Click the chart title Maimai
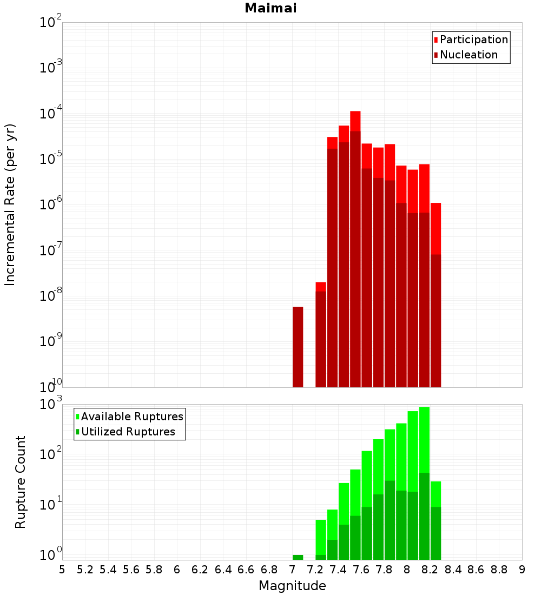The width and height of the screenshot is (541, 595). click(x=270, y=8)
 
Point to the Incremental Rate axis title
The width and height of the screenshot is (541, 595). click(x=10, y=205)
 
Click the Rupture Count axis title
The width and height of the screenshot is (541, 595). click(x=21, y=482)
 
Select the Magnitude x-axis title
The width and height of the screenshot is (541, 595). click(x=292, y=586)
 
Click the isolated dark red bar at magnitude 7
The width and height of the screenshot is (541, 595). click(x=298, y=346)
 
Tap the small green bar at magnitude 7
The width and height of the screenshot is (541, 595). click(x=298, y=557)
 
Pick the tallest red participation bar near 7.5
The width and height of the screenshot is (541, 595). click(x=355, y=121)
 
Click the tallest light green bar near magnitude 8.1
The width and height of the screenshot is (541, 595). click(x=424, y=438)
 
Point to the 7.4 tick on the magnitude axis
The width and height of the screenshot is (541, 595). click(x=338, y=570)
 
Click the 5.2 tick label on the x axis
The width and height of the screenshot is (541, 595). click(x=85, y=570)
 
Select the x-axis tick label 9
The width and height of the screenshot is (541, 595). click(x=522, y=570)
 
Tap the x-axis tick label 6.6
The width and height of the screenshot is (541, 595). click(x=246, y=570)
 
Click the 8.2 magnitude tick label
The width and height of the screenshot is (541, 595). click(x=430, y=570)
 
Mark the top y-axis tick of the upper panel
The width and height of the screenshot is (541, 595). click(x=51, y=23)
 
